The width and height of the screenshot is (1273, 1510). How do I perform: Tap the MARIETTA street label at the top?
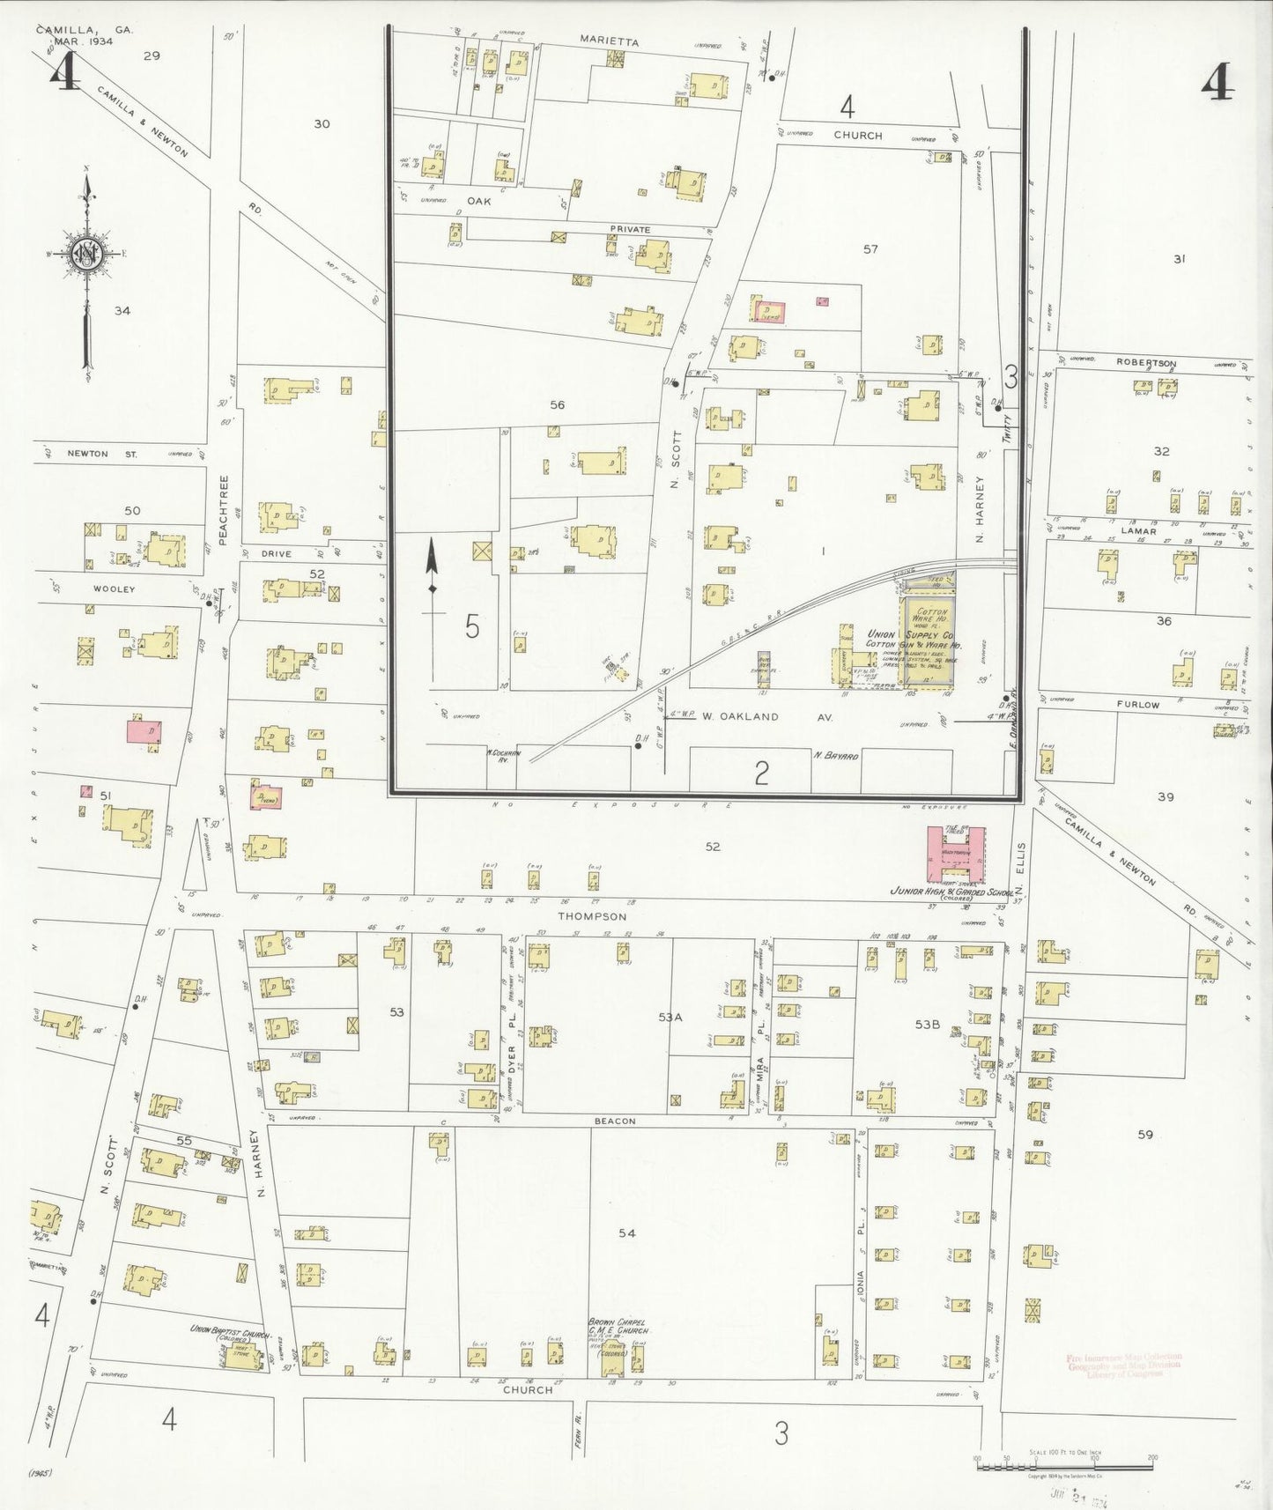click(610, 41)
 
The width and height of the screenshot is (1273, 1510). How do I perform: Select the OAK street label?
click(479, 201)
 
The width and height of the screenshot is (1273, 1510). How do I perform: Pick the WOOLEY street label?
click(115, 588)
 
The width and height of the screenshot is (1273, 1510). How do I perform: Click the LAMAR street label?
click(1138, 531)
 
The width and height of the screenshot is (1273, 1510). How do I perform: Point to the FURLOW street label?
click(1138, 705)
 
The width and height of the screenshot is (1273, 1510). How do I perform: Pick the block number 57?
click(870, 249)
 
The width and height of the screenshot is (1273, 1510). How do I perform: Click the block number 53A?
click(670, 1017)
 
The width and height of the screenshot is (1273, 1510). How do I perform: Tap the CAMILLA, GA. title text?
click(85, 29)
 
